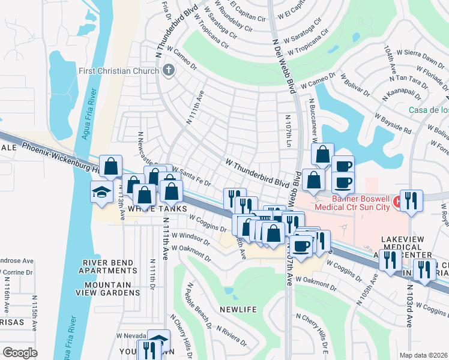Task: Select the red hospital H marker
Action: click(x=396, y=203)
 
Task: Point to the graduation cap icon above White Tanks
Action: click(x=101, y=193)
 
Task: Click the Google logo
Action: click(x=20, y=353)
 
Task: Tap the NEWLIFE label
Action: click(x=238, y=309)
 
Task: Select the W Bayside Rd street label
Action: click(x=393, y=122)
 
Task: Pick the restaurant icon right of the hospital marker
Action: click(x=411, y=200)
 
